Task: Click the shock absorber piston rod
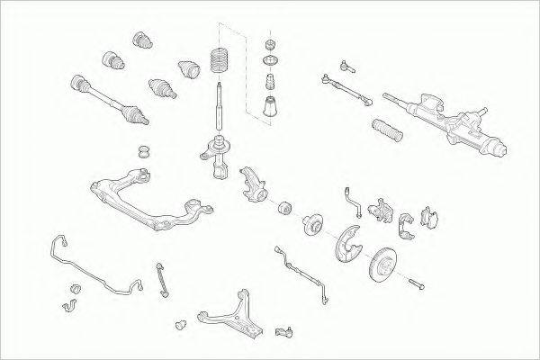[220, 108]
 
